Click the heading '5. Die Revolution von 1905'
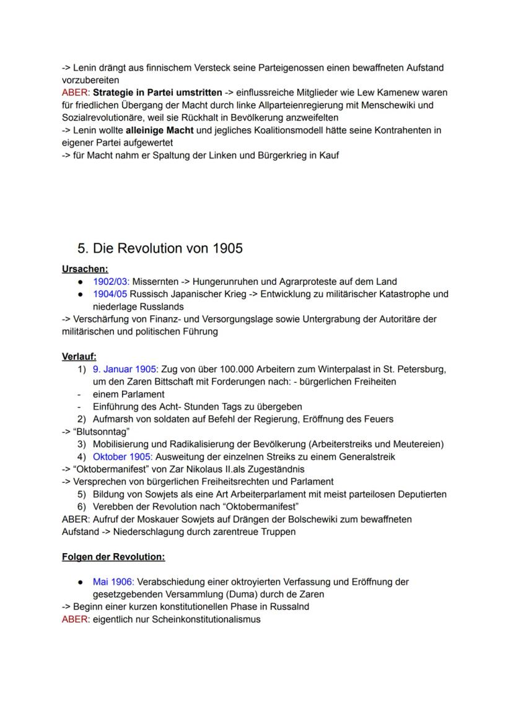click(160, 248)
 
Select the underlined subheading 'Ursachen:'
click(85, 269)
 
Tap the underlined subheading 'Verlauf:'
click(79, 357)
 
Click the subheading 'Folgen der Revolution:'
click(113, 557)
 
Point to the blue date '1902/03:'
click(111, 281)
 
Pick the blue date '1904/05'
click(110, 294)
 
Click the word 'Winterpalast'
click(348, 369)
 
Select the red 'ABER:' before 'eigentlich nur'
click(76, 619)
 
